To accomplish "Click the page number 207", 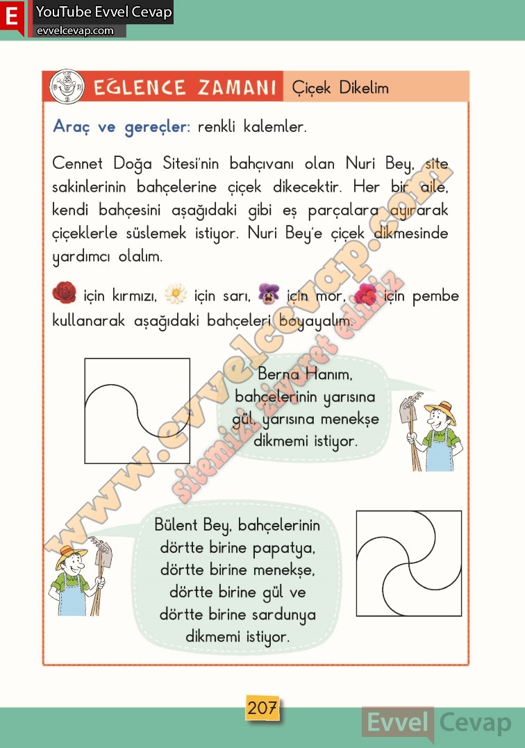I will pos(262,708).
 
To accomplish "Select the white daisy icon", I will pos(176,295).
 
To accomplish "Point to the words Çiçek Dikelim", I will pos(340,88).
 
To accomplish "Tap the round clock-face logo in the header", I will pos(67,87).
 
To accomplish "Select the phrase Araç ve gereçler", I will pos(122,127).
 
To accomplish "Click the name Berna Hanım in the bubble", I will pos(306,374).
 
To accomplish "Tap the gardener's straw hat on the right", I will pos(439,410).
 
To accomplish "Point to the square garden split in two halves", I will pos(137,410).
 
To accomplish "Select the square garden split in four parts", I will pos(408,563).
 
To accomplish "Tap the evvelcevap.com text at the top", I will pos(75,31).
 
